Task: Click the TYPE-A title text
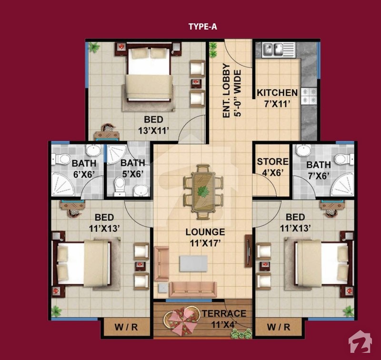tap(203, 26)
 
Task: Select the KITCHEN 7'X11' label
tap(277, 98)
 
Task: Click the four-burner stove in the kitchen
tap(309, 96)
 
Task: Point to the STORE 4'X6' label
tap(273, 167)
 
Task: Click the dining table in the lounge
tap(203, 192)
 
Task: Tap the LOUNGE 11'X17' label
tap(205, 237)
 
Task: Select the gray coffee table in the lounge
tap(194, 263)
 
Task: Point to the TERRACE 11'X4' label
tap(224, 319)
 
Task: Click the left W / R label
tap(126, 327)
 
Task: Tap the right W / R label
tap(279, 327)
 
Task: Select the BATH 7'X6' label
tap(319, 170)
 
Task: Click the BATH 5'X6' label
tap(133, 168)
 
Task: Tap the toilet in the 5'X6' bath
tap(120, 187)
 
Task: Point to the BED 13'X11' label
tap(153, 125)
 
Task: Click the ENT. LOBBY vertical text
tap(226, 91)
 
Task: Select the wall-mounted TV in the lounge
tap(248, 251)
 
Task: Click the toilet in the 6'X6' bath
tap(60, 159)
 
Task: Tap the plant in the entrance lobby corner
tap(213, 50)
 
